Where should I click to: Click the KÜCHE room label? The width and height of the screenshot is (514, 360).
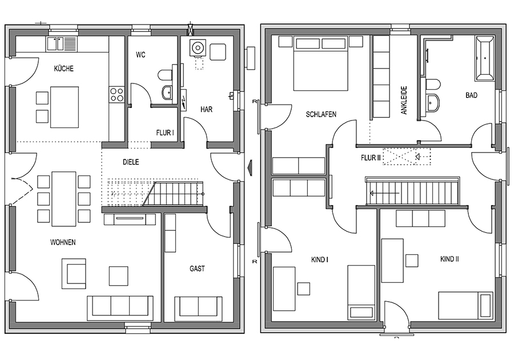coord(63,69)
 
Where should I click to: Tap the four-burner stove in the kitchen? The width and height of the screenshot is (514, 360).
coord(117,94)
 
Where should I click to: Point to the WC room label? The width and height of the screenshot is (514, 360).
coord(140,55)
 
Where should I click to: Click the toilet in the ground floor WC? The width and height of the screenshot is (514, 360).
coord(164,75)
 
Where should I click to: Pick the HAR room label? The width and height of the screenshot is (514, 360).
coord(206,109)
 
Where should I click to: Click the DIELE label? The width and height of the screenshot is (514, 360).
coord(131,162)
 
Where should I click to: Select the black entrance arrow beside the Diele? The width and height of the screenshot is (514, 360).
coord(250,164)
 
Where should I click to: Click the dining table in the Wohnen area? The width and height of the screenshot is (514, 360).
coord(63,199)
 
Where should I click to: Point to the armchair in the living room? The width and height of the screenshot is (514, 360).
coord(74,274)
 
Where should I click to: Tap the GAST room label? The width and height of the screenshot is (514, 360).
coord(197,269)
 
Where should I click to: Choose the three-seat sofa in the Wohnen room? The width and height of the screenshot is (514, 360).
coord(120,308)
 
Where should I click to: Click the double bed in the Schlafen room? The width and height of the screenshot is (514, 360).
coord(320,63)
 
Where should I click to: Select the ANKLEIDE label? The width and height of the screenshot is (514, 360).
coord(404,100)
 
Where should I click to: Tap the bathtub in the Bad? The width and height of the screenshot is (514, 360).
coord(484,59)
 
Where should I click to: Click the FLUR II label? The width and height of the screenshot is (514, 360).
coord(371,158)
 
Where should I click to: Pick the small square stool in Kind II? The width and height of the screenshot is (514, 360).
coord(412,261)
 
